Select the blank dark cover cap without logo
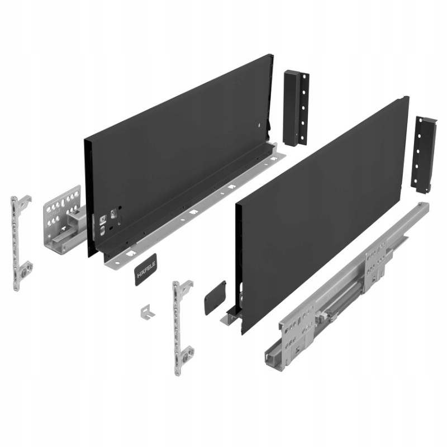point(215,297)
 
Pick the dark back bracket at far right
point(424,154)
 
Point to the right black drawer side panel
point(318,212)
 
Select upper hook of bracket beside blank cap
point(184,287)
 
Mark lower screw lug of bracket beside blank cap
point(186,353)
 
